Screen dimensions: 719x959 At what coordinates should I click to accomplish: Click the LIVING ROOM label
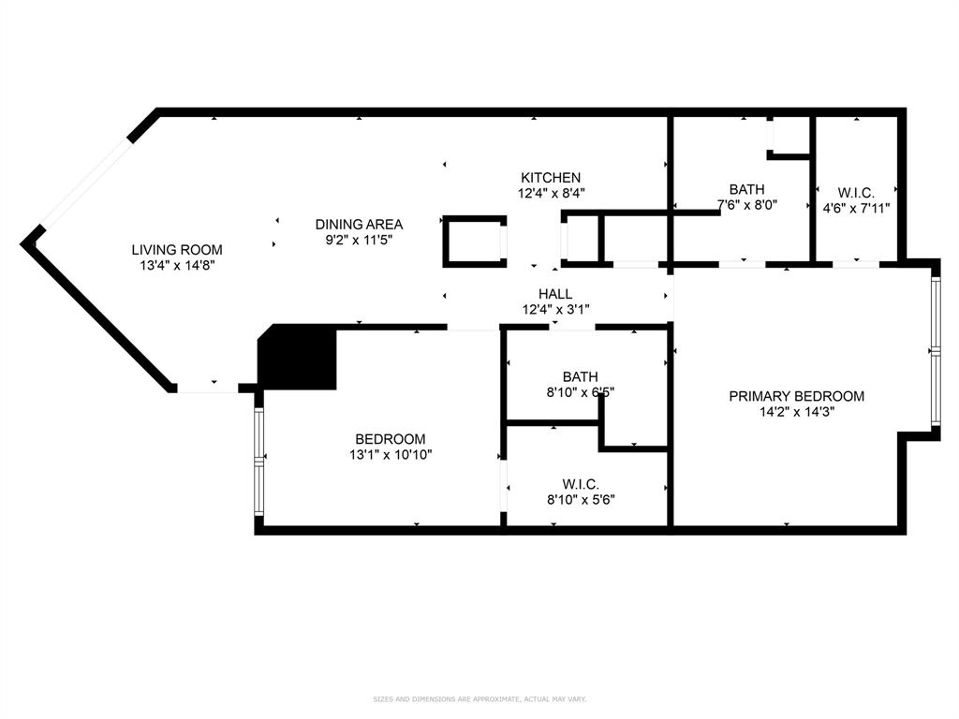[176, 250]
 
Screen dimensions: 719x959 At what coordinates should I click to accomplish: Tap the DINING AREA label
[359, 225]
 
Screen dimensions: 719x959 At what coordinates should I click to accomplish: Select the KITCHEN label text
[551, 178]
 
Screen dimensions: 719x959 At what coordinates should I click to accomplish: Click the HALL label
[554, 294]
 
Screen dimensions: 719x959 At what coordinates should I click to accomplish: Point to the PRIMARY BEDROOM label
[796, 396]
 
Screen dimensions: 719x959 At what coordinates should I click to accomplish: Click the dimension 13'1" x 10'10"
[390, 455]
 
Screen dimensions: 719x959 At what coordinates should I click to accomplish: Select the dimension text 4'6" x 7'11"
[855, 208]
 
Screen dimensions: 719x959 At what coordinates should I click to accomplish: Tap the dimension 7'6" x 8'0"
[747, 205]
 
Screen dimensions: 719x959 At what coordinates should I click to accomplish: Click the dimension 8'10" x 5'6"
[580, 500]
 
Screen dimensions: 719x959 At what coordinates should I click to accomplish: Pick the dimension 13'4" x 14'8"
[176, 266]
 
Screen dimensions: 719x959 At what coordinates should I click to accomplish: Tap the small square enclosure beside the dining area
[474, 242]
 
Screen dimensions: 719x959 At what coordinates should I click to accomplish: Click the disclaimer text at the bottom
[479, 699]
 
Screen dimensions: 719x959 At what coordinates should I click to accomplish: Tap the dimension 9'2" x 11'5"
[359, 241]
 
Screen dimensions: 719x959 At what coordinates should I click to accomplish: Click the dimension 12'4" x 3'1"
[554, 310]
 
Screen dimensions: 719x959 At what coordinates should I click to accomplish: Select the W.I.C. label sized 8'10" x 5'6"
[580, 484]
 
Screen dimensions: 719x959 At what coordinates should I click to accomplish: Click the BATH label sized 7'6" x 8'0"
[746, 189]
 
